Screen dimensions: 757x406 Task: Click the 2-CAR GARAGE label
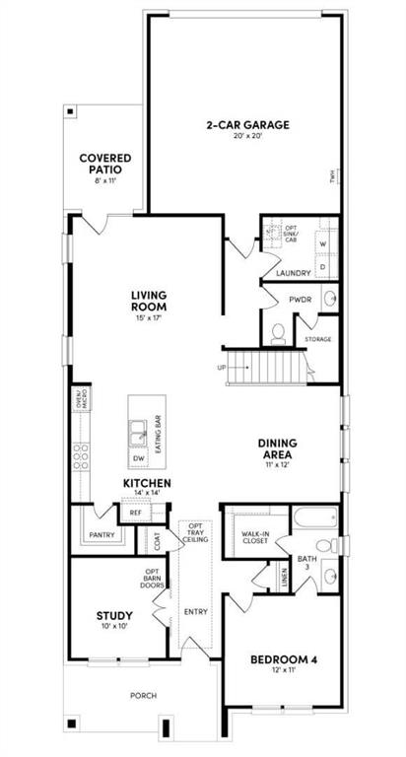tap(246, 125)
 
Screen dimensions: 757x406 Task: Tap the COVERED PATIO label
tap(105, 164)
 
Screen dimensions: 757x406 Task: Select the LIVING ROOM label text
tap(149, 300)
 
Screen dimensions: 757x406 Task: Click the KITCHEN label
tap(148, 483)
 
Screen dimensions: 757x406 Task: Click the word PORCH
tap(144, 695)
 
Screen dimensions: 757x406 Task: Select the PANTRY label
tap(101, 535)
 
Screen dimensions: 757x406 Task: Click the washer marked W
tap(322, 242)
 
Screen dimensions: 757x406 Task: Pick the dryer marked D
tap(322, 266)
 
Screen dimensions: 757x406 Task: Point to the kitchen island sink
tap(140, 431)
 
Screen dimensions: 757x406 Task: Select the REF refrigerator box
tap(135, 513)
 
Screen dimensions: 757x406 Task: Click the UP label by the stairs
tap(221, 368)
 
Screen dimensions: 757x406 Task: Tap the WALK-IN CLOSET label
tap(255, 538)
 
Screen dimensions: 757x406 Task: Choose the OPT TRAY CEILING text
tap(196, 534)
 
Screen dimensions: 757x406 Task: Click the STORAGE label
tap(317, 339)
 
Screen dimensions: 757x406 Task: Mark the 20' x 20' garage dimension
tap(246, 137)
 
